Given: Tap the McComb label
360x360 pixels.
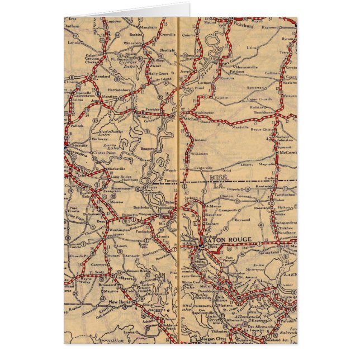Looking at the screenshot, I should pos(287,151).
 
